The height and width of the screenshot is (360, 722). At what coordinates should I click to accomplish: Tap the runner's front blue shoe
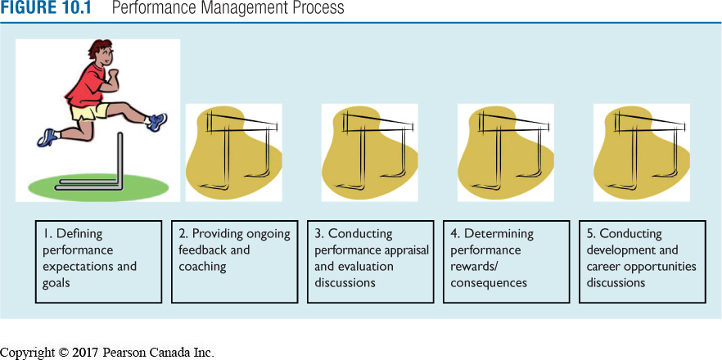(156, 122)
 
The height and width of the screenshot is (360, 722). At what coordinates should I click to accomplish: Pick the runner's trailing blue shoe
(47, 137)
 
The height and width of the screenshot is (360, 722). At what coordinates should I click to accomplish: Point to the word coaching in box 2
(201, 266)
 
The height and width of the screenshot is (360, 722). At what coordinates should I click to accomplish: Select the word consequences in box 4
(488, 282)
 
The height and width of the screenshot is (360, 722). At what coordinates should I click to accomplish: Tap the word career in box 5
(607, 266)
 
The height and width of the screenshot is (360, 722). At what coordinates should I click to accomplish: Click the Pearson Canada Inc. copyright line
(106, 353)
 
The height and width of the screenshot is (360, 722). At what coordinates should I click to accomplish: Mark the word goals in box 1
(58, 282)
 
